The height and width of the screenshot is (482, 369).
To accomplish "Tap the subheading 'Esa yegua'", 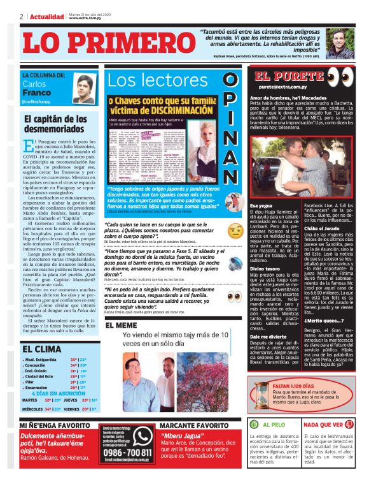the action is tap(261, 206).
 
